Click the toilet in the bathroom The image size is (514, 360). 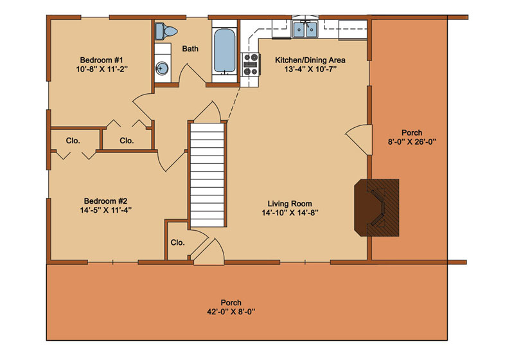coord(166,32)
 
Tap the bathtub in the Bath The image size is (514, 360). coord(224,51)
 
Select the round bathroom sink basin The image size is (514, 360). coord(161,68)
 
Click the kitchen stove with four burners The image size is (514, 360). coord(251,64)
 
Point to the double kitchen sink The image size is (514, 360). coord(305,30)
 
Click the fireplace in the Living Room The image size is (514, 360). coord(377,208)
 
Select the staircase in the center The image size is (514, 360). coord(208,174)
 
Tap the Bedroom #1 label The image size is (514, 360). coord(102,60)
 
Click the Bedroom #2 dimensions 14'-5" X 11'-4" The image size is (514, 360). coord(106,210)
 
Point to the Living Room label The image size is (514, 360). coord(290,204)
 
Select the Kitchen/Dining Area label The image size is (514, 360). coord(310,60)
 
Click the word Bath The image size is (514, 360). coord(190,49)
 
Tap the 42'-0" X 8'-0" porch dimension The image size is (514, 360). coord(231,312)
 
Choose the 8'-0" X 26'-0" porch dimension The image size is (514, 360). coord(412,142)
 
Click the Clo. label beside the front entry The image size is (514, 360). coord(178,242)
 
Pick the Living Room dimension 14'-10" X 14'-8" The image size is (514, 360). coord(290,213)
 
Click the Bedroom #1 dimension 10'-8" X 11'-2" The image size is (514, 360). coord(102,69)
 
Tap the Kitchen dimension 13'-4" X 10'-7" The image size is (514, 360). coord(310,69)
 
